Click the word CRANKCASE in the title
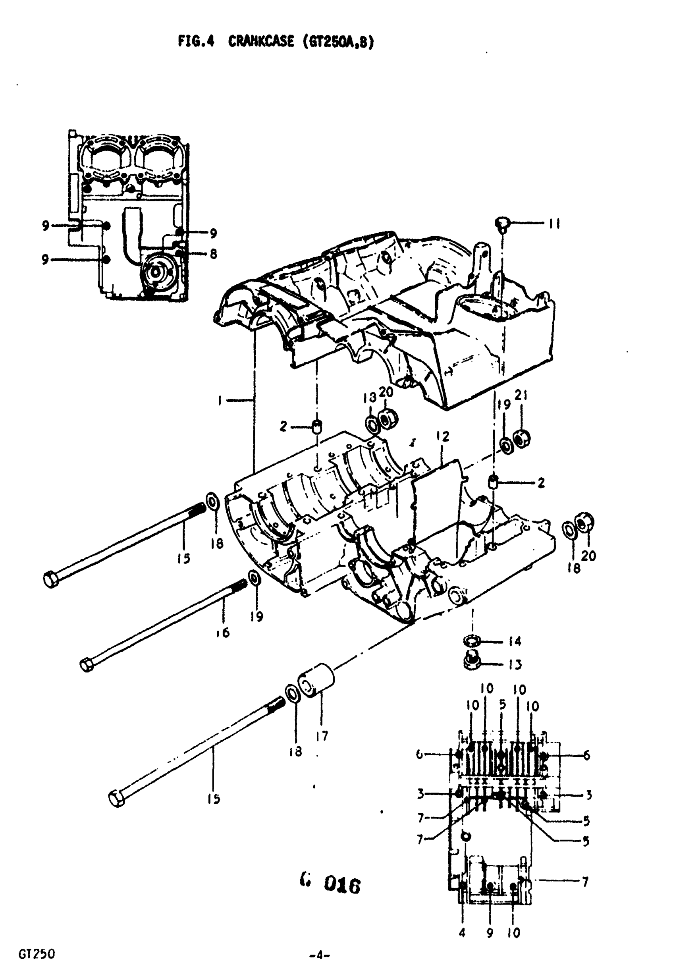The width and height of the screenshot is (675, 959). (x=260, y=41)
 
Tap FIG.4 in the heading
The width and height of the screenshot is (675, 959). (x=196, y=41)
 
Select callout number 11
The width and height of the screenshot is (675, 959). (x=554, y=224)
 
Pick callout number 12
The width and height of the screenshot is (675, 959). (x=442, y=436)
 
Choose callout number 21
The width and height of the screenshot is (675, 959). (x=521, y=395)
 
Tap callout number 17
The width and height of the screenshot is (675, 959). (x=322, y=735)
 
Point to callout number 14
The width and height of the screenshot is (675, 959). (x=515, y=641)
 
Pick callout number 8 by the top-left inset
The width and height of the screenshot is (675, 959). (x=214, y=253)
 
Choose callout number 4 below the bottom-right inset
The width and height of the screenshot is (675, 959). (x=462, y=933)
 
